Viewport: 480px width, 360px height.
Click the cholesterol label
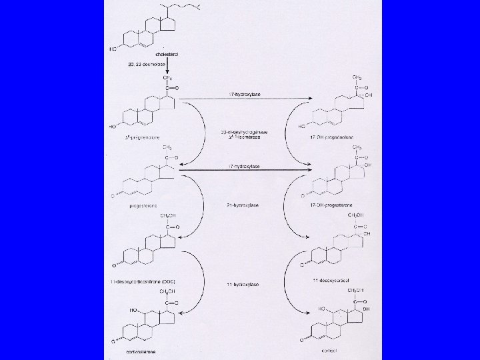pos(166,54)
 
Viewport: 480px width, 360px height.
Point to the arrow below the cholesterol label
pos(168,69)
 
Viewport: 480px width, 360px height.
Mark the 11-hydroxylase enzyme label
pos(241,285)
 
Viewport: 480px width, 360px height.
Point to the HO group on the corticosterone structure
pos(130,309)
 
